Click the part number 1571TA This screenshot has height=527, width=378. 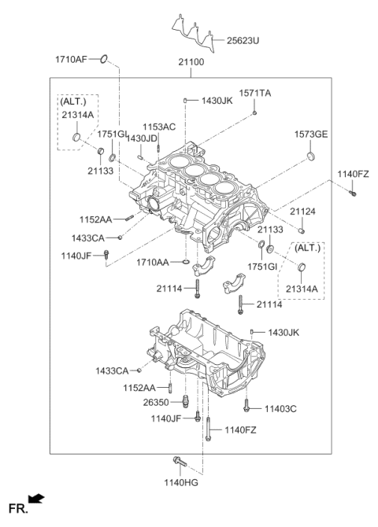tap(255, 92)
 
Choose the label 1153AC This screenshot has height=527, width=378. tap(158, 127)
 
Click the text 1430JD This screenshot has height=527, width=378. tap(143, 138)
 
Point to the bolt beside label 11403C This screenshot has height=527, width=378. tap(246, 407)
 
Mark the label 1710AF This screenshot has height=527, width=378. tap(70, 58)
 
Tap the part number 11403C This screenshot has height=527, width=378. tap(279, 408)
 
